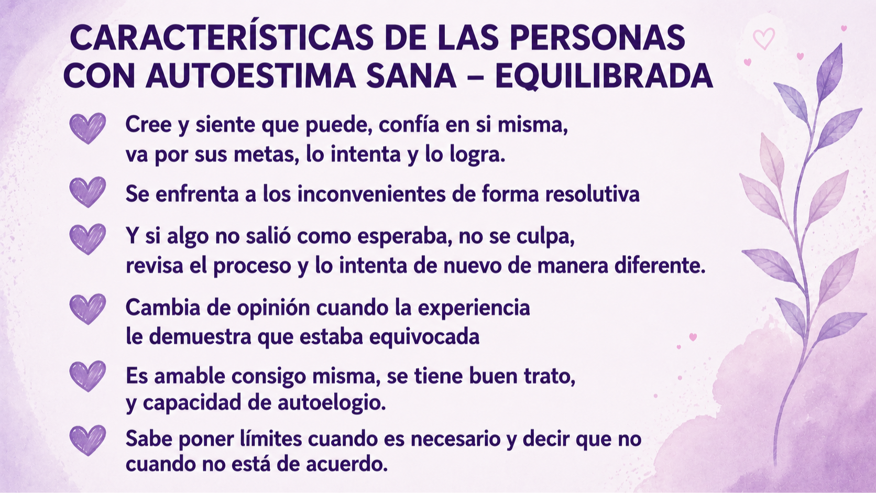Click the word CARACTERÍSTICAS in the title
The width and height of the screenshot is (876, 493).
coord(221,37)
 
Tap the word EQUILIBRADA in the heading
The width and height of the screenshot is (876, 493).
coord(604,76)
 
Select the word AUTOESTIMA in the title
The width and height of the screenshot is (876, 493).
coord(250,75)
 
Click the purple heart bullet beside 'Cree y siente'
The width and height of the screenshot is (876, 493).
coord(87,128)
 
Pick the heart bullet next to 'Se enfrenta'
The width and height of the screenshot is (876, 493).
coord(87,192)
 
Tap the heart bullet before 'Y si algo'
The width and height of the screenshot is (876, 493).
coord(87,239)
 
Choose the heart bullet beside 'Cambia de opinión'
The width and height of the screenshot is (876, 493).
coord(87,309)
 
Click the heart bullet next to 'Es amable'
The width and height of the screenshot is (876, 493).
coord(87,376)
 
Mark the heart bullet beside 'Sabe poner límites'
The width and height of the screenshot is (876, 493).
coord(87,440)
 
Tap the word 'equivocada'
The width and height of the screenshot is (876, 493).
coord(424,337)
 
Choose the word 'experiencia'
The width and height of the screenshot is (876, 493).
coord(474,308)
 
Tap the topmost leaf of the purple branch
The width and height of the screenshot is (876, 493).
coord(830,72)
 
